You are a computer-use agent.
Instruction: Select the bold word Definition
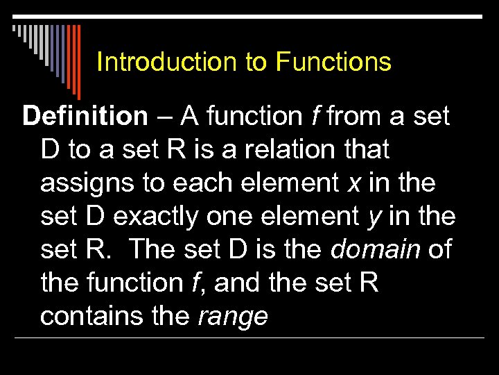coord(85,117)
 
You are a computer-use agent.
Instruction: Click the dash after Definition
coord(165,117)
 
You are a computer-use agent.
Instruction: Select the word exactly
coord(155,217)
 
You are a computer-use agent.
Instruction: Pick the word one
coord(230,217)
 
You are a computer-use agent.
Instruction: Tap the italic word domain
coord(376,250)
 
